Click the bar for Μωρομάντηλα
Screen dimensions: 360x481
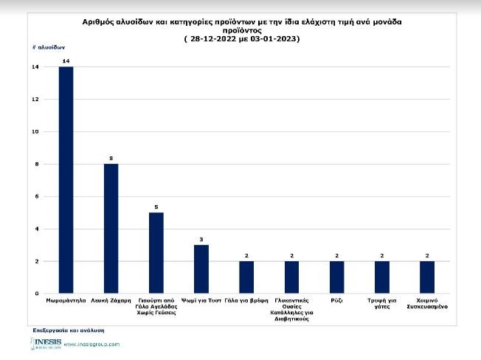(x=66, y=180)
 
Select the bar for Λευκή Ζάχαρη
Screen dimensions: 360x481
(x=111, y=229)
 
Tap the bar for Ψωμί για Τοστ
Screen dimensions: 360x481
(x=201, y=269)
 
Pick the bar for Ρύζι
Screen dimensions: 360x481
(x=336, y=277)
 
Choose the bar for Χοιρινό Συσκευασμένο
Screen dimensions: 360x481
(x=427, y=277)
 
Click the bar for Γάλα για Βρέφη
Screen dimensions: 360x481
(x=246, y=277)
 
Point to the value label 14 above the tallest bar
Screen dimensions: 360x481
(x=66, y=60)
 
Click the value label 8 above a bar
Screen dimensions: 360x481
(x=111, y=158)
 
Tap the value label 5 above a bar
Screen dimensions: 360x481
(x=156, y=207)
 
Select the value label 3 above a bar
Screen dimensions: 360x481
(x=201, y=239)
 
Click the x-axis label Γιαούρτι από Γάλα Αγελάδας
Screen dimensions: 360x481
(x=156, y=307)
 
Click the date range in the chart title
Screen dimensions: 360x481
(x=241, y=38)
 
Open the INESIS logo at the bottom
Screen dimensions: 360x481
(x=46, y=344)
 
